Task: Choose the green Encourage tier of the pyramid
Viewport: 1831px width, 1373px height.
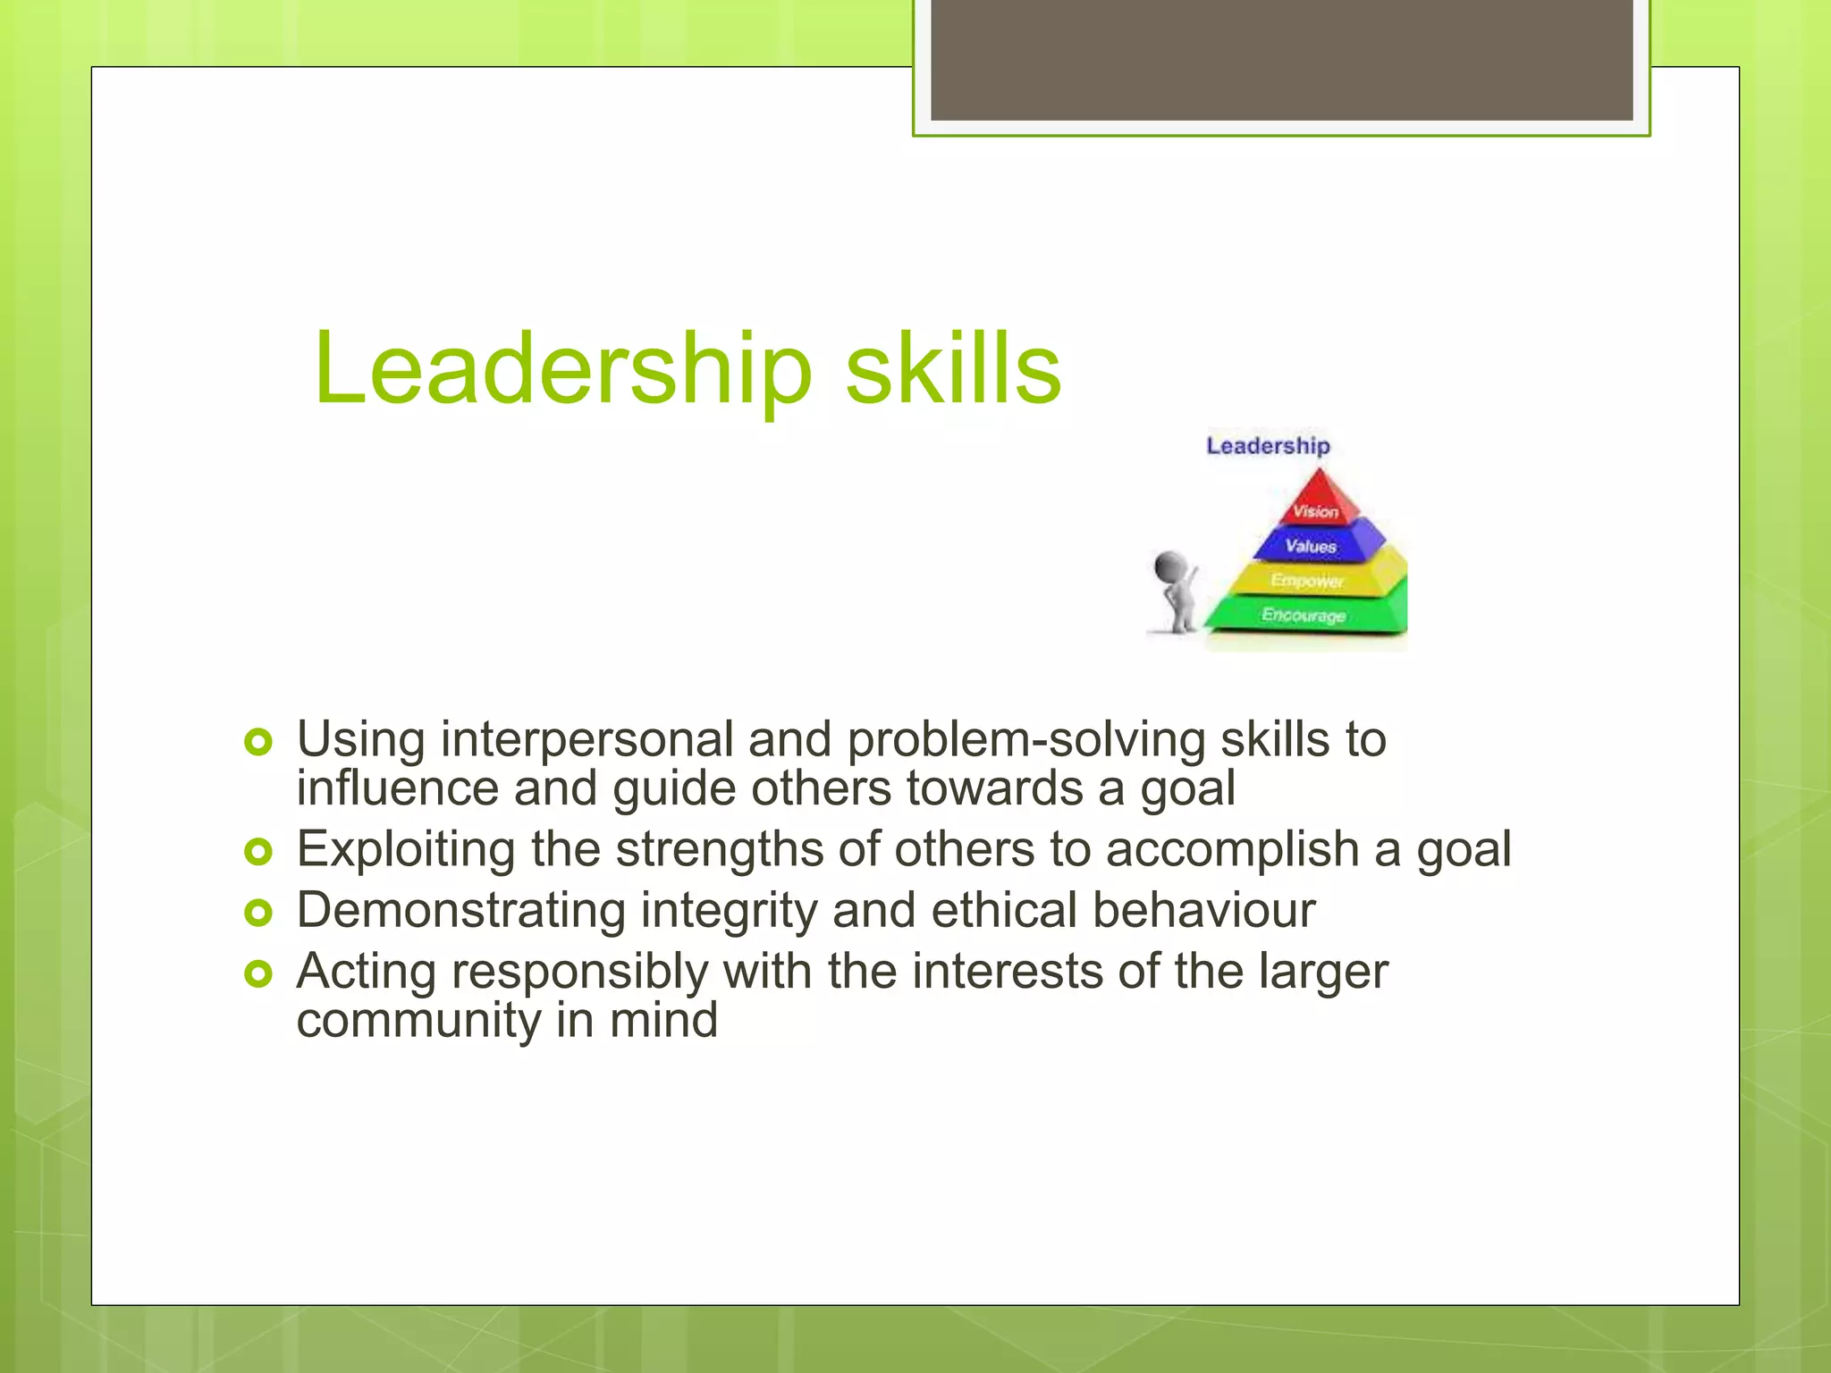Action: pos(1304,615)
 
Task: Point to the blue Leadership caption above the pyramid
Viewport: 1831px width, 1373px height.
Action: pos(1268,445)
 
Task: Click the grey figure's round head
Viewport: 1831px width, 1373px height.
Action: pos(1170,567)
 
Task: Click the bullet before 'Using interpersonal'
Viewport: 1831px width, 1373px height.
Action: pos(257,741)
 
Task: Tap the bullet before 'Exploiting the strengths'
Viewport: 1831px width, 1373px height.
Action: pos(257,851)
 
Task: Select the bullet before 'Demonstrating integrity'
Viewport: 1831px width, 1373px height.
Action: pos(257,912)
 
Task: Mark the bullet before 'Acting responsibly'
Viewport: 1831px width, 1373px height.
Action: pos(257,973)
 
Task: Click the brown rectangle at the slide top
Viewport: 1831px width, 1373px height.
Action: pos(1281,59)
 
